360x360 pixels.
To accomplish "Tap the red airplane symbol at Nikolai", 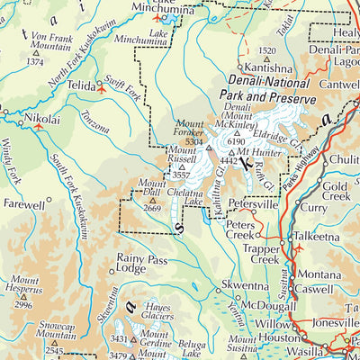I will (x=38, y=127).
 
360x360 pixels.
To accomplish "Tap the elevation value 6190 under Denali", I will (x=237, y=141).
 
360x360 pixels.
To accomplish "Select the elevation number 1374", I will (x=35, y=62).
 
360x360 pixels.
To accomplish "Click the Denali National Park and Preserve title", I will (x=271, y=90).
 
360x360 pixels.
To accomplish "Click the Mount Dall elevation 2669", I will (x=152, y=209).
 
